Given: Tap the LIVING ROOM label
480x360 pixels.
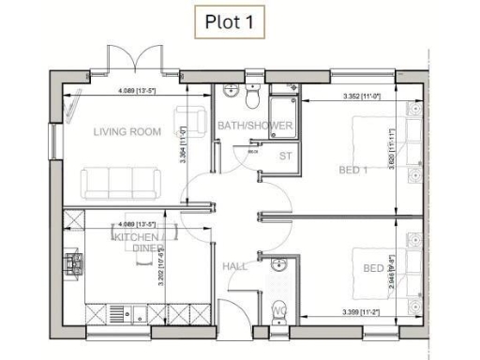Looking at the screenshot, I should [127, 132].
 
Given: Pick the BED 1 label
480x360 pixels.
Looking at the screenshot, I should [352, 170].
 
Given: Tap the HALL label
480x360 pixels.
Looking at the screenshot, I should [234, 267].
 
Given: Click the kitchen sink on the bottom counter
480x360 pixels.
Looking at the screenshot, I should [116, 312].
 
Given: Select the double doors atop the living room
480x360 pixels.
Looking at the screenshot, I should [138, 60].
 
